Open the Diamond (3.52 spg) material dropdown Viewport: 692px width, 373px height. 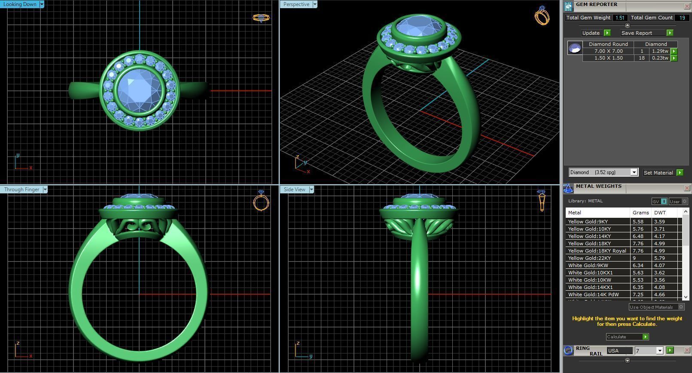634,172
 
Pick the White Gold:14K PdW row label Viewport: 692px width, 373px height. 593,295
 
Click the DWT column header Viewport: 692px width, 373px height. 660,213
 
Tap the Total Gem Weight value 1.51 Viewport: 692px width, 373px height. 620,18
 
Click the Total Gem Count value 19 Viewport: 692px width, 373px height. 682,18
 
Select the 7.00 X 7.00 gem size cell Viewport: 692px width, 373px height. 608,51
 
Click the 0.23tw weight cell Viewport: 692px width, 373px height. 660,58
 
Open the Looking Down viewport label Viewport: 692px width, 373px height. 21,4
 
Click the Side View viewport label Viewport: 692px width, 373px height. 295,190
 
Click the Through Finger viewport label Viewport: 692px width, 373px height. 21,190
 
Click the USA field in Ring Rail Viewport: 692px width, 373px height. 619,351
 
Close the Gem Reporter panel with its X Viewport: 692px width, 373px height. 686,6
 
